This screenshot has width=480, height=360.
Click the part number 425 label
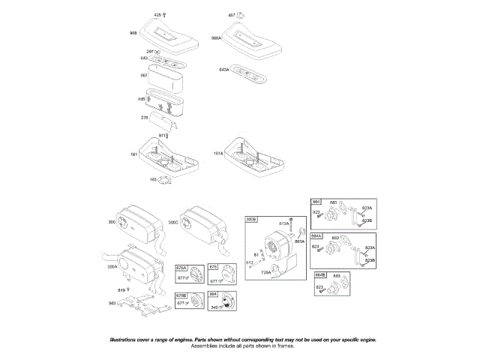coord(157,15)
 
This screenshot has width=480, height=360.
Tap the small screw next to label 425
coord(165,16)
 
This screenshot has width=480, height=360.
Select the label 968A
coord(216,37)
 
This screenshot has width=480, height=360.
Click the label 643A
coord(223,69)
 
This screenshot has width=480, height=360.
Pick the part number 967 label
coord(143,75)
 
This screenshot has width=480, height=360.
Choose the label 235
coord(144,117)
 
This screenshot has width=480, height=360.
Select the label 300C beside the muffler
coord(173,223)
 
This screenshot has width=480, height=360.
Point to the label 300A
coord(113,266)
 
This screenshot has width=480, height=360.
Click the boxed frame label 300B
coord(251,219)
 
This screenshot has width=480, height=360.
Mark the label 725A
coord(265,274)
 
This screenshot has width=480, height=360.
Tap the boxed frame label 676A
coord(181,268)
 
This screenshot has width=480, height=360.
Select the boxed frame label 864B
coord(319,275)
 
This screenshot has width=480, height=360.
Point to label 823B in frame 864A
coord(368,260)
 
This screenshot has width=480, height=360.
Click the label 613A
coord(283,223)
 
